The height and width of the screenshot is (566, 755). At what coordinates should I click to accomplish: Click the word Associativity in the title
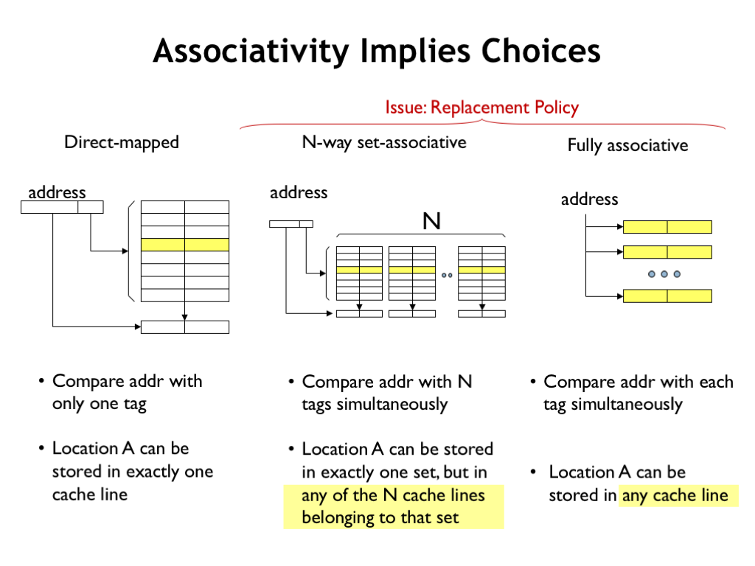[251, 51]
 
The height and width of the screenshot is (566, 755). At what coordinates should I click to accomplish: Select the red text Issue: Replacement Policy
[482, 108]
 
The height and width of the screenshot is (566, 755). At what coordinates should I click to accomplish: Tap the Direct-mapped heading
[122, 142]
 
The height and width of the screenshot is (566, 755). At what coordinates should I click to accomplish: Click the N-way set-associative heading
[384, 142]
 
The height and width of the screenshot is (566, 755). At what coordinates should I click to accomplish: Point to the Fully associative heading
[628, 145]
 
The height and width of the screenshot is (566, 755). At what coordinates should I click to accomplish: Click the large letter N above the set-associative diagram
[431, 221]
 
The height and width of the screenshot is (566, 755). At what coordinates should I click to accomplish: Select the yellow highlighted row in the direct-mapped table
[185, 245]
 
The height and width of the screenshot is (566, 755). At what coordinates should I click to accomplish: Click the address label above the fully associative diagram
[589, 199]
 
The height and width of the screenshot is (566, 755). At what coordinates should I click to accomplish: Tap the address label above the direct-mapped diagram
[57, 192]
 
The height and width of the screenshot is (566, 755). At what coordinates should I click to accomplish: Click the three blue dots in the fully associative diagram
[664, 274]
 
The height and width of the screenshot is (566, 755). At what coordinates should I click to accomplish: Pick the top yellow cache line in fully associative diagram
[667, 227]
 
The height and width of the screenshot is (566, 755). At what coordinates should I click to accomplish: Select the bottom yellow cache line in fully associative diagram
[667, 296]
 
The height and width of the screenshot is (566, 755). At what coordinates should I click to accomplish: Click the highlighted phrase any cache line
[675, 495]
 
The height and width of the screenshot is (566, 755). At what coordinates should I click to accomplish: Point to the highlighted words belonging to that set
[380, 518]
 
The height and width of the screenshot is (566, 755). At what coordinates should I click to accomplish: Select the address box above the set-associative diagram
[291, 224]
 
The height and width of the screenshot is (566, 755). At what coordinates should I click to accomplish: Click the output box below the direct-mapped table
[185, 327]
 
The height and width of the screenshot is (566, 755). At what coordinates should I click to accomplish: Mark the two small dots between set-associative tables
[447, 276]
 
